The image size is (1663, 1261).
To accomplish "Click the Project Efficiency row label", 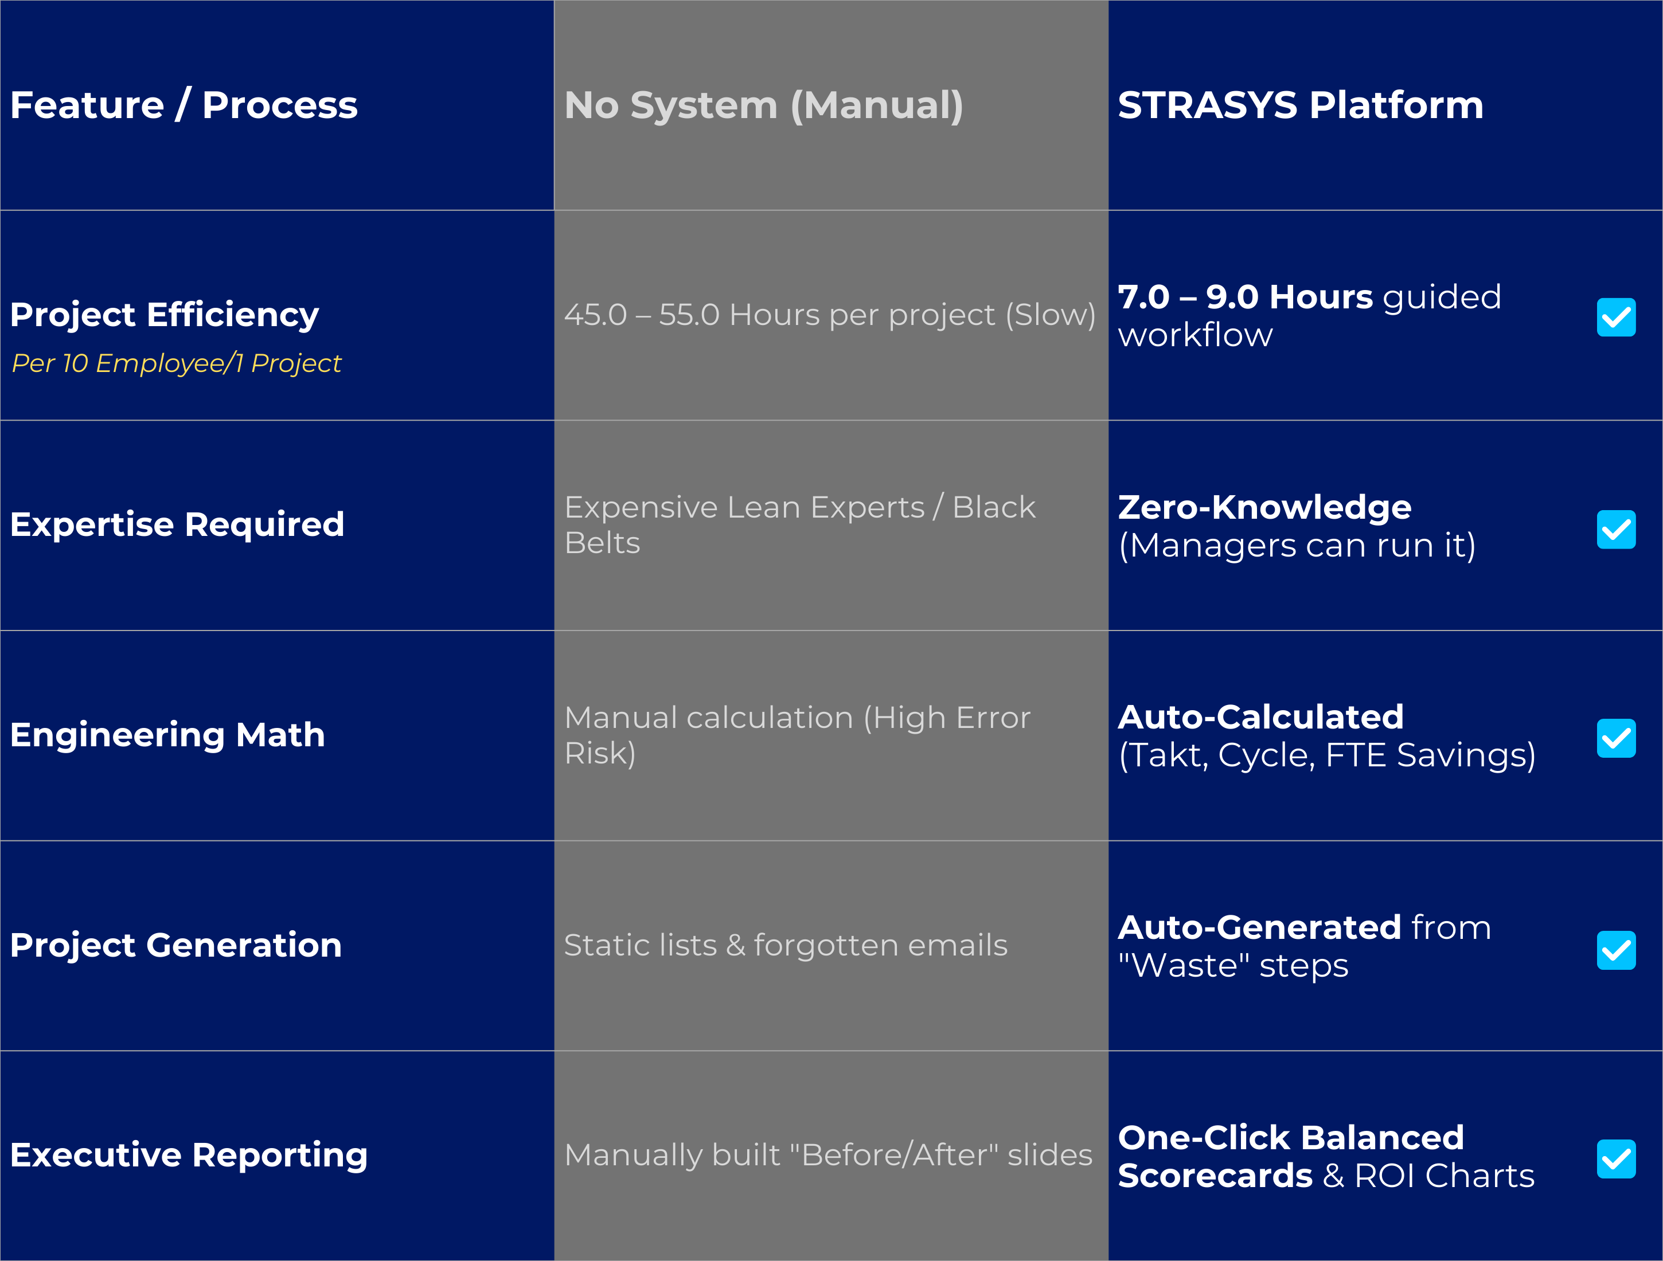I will pyautogui.click(x=165, y=314).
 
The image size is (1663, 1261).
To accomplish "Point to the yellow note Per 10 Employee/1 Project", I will pyautogui.click(x=177, y=363).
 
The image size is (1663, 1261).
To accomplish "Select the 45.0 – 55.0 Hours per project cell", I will pyautogui.click(x=829, y=314).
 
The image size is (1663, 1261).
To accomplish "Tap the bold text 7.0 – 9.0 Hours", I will pyautogui.click(x=1244, y=297).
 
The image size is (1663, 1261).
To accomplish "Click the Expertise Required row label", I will pyautogui.click(x=177, y=524).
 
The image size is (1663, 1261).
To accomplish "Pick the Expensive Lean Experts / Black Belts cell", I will pyautogui.click(x=799, y=524).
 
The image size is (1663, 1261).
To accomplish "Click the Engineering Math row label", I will pyautogui.click(x=167, y=734).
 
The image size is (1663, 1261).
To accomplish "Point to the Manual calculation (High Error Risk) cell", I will pyautogui.click(x=797, y=735).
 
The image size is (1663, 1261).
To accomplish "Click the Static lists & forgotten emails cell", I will pyautogui.click(x=786, y=945).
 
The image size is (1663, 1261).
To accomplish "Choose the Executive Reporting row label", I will pyautogui.click(x=189, y=1154).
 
